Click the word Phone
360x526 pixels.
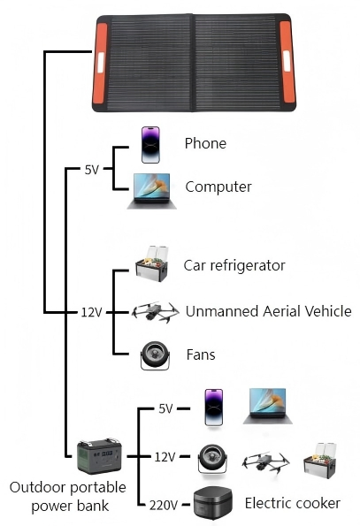(205, 143)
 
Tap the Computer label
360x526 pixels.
(218, 187)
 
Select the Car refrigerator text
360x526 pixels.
(234, 265)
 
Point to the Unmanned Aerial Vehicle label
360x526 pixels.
(268, 311)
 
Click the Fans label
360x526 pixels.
(201, 354)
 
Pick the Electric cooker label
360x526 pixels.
(293, 503)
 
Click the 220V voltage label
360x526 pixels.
(164, 505)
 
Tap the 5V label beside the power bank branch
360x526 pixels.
(165, 408)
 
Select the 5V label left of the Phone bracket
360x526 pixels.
(92, 170)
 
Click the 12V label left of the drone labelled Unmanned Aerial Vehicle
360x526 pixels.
(91, 313)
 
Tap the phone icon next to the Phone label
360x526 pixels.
(150, 145)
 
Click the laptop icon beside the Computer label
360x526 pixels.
(152, 191)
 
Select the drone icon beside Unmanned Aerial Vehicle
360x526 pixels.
(155, 312)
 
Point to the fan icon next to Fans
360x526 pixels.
(155, 355)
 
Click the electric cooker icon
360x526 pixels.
(213, 503)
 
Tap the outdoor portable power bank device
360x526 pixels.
(99, 456)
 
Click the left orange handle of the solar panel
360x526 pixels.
(100, 63)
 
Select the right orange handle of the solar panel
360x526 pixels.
(287, 62)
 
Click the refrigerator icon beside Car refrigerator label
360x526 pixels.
(152, 264)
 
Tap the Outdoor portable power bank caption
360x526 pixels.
(68, 497)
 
